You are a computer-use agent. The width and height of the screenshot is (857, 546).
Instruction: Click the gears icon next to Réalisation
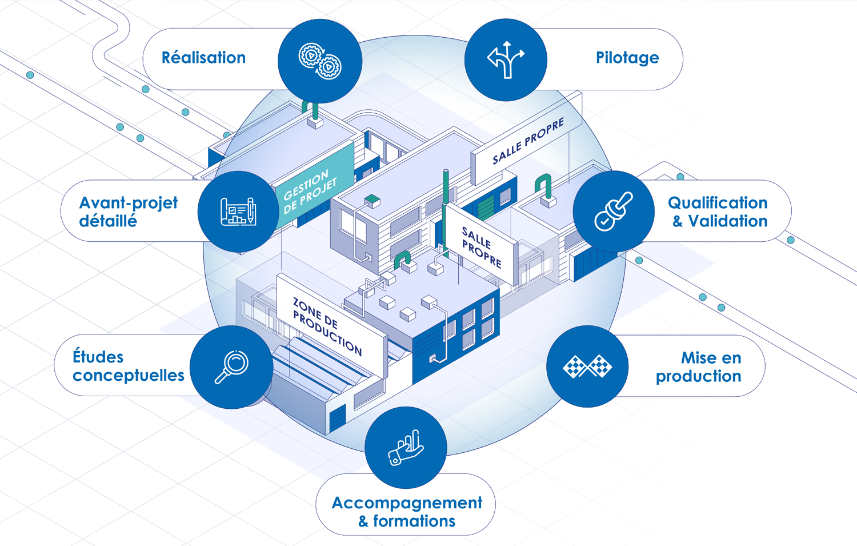(x=320, y=61)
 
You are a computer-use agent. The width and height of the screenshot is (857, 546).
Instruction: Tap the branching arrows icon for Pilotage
(x=506, y=59)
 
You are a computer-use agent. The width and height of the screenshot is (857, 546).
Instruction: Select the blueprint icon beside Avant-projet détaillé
(x=238, y=212)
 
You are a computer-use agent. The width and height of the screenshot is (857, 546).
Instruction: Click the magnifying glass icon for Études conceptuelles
(x=231, y=366)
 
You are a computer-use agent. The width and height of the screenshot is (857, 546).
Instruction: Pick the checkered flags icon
(x=587, y=366)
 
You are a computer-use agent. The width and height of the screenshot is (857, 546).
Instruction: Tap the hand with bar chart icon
(x=406, y=448)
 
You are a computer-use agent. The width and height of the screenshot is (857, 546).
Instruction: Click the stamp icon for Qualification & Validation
(x=614, y=211)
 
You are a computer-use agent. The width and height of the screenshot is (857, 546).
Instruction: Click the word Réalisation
(x=203, y=58)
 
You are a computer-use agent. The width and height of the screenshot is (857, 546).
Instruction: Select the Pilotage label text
(x=627, y=58)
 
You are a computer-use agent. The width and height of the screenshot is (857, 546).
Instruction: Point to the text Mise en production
(x=699, y=367)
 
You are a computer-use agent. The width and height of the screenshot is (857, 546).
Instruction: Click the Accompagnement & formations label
(x=407, y=512)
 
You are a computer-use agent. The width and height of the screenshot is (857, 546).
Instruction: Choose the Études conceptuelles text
(x=128, y=366)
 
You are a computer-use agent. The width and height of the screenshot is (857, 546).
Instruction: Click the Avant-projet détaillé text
(x=128, y=212)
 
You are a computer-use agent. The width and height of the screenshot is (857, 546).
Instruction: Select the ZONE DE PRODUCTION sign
(x=327, y=326)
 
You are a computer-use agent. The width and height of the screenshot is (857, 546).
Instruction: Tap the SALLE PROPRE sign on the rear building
(x=528, y=141)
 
